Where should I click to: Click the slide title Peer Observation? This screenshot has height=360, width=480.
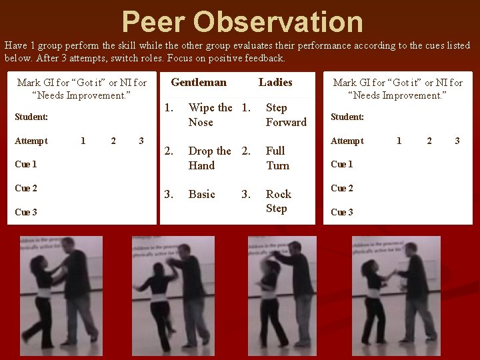[x=243, y=21]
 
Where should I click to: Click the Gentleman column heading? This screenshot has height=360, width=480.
[x=199, y=83]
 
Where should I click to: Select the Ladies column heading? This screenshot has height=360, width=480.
[x=275, y=83]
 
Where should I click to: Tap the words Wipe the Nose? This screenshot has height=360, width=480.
[x=210, y=115]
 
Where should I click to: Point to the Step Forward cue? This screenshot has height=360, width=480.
[x=286, y=115]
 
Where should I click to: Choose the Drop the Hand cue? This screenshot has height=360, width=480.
[x=209, y=158]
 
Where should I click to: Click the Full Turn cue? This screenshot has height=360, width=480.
[x=277, y=158]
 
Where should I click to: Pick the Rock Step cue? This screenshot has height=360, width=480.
[x=278, y=201]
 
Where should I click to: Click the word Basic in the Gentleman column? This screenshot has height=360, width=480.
[x=201, y=195]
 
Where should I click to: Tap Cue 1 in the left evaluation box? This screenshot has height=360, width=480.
[x=25, y=164]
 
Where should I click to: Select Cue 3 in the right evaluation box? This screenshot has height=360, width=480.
[x=342, y=212]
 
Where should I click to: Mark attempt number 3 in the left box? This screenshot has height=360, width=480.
[x=141, y=141]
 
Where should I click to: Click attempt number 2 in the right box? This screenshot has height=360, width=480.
[x=429, y=141]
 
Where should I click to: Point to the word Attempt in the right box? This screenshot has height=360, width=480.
[x=347, y=141]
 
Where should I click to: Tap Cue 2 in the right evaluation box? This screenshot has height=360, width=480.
[x=342, y=188]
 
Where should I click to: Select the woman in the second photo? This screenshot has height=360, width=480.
[x=159, y=293]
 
